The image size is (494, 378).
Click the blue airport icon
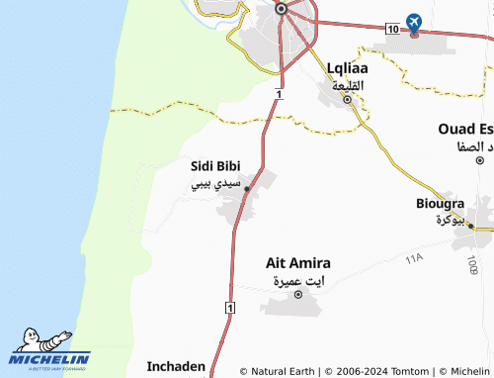point(413,22)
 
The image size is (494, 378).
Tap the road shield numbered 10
point(393,31)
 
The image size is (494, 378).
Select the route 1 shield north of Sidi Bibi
point(280,94)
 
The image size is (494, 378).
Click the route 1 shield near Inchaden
point(229,309)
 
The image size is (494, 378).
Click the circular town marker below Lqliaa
point(347,100)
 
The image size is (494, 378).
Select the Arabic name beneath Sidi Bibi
point(213,184)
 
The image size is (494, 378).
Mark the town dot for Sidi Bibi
point(247,189)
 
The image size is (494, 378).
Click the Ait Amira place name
point(298,263)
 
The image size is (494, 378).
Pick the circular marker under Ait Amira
point(297,296)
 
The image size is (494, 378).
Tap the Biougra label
point(441,204)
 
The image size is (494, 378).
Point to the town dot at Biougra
point(470,227)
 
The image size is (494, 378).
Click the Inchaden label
point(177,366)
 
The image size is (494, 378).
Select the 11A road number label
point(413,258)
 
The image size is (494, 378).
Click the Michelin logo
point(49,351)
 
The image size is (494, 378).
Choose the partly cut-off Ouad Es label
point(466,130)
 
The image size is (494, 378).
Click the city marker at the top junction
point(282,9)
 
